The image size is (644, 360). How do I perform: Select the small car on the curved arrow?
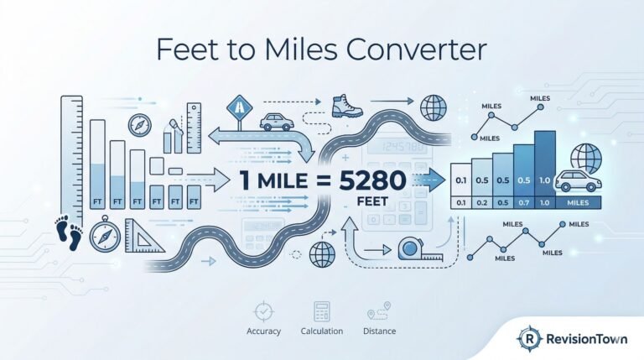[276, 123]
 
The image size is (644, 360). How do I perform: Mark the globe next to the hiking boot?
[434, 108]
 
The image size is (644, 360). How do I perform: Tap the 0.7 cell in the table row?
[522, 202]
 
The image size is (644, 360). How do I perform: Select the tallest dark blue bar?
[545, 163]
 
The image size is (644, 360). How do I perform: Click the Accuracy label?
[262, 331]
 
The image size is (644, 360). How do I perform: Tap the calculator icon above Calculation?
[321, 312]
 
